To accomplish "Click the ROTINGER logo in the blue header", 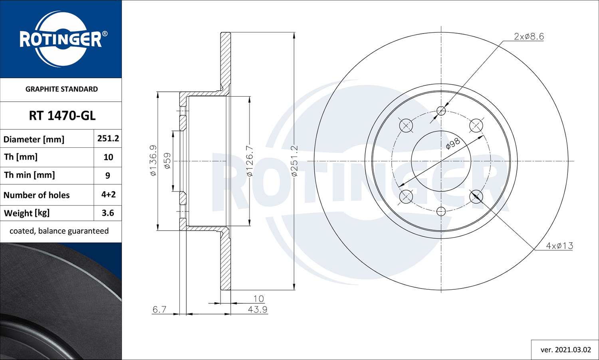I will [x=61, y=39].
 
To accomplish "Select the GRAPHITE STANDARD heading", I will [x=61, y=89].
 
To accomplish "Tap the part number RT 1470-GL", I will [x=62, y=116].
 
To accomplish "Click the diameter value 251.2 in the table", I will [x=108, y=138].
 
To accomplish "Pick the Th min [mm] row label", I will [x=30, y=175].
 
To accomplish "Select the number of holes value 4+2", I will [x=108, y=194].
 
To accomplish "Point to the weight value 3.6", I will [x=108, y=213].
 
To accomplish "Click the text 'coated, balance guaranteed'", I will [x=59, y=231].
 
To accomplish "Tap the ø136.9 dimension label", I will [x=153, y=160].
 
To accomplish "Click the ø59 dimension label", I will [x=167, y=160].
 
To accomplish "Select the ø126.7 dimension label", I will [x=249, y=161].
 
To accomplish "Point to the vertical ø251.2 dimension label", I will [x=294, y=161].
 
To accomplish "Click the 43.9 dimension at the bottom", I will [x=258, y=309].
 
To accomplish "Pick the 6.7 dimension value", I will [x=159, y=309].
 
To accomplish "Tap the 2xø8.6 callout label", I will [x=529, y=36].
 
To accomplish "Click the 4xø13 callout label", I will [x=559, y=246].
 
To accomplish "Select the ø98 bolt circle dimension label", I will [x=453, y=144].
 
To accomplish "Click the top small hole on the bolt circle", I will [x=441, y=111].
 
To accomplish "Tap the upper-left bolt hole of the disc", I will [x=406, y=126].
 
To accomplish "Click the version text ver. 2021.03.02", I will [x=565, y=350].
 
